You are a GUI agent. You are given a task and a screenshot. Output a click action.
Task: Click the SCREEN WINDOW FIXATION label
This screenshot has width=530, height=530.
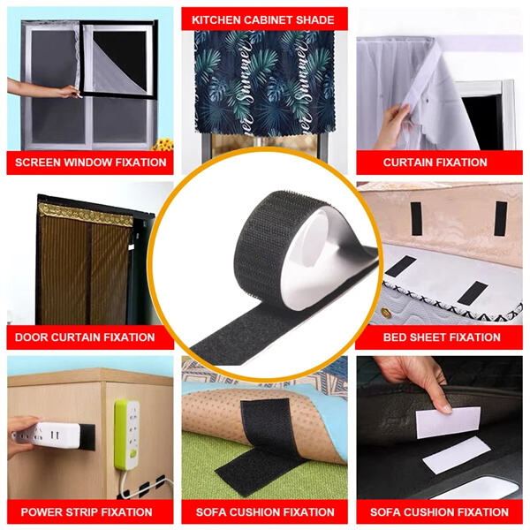91,163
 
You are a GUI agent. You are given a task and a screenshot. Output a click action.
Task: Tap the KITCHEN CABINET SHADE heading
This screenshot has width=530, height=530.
264,19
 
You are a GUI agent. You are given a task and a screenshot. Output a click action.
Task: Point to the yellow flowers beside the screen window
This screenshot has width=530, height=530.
163,143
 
